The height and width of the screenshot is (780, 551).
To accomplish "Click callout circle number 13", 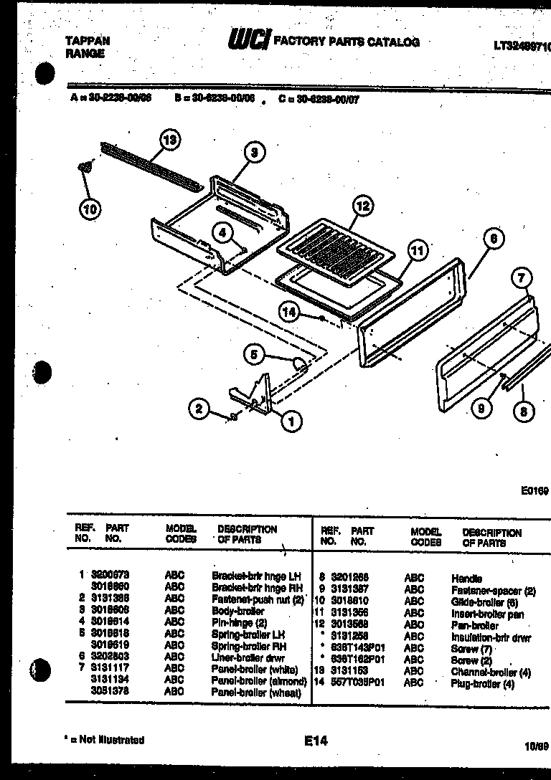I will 169,141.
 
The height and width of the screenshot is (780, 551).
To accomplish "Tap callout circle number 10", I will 89,209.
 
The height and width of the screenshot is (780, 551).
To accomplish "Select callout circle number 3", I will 253,151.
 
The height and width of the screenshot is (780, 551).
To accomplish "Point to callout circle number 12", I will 363,206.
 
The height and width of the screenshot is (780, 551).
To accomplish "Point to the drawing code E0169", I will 534,491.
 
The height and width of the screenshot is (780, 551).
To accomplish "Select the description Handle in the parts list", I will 466,578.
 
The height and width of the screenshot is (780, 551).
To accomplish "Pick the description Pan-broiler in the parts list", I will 474,625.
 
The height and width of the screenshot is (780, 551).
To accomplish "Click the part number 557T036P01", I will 357,682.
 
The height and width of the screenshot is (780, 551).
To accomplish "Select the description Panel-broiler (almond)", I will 259,681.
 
